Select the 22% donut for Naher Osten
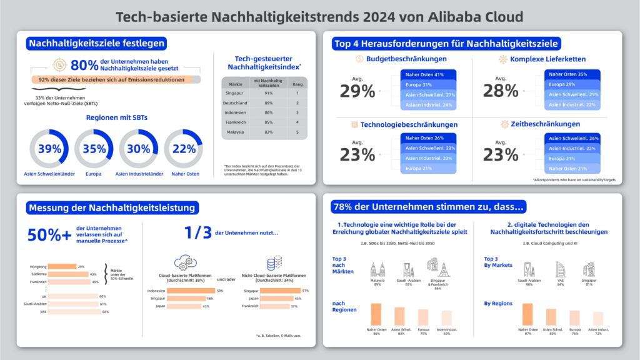[x=184, y=149]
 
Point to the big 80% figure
[x=85, y=65]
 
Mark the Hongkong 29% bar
[x=62, y=266]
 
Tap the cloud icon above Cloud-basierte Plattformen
[x=186, y=262]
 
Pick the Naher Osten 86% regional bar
[x=376, y=314]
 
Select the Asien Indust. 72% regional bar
[x=599, y=319]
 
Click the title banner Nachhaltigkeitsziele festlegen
[x=96, y=44]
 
